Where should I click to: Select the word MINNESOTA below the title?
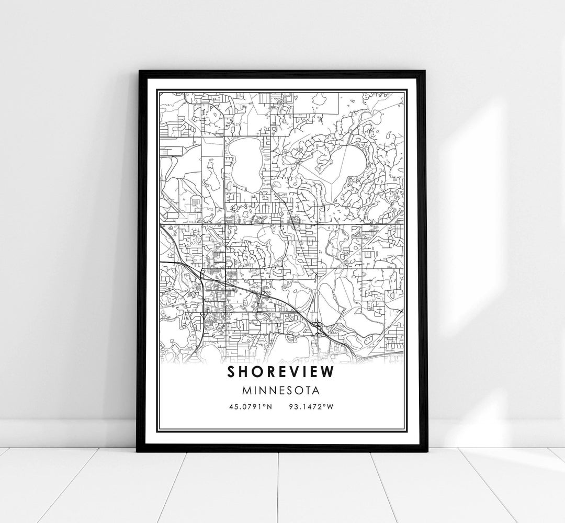pos(282,390)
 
